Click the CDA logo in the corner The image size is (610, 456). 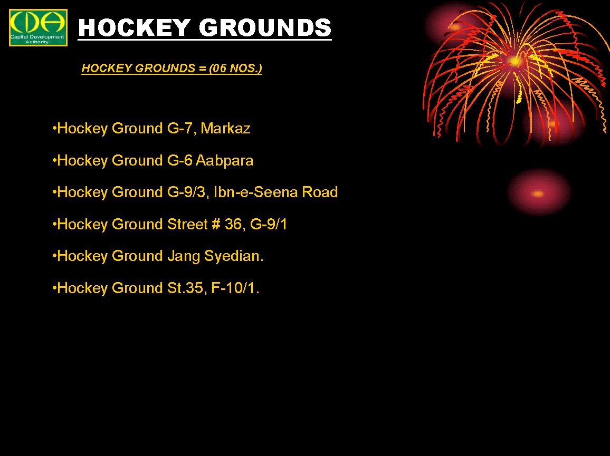[38, 27]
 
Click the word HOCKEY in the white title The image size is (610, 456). [134, 27]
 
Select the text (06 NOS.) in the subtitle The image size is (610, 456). [235, 68]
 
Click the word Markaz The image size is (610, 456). [225, 128]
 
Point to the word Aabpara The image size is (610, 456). [224, 161]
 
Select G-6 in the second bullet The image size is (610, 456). [180, 160]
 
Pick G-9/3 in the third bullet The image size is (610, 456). [186, 192]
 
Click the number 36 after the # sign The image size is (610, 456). [233, 224]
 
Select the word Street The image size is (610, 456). [187, 224]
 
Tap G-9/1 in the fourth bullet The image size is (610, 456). [269, 224]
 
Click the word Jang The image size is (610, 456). [184, 256]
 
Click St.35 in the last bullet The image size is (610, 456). [185, 288]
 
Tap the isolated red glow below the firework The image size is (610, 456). [539, 192]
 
